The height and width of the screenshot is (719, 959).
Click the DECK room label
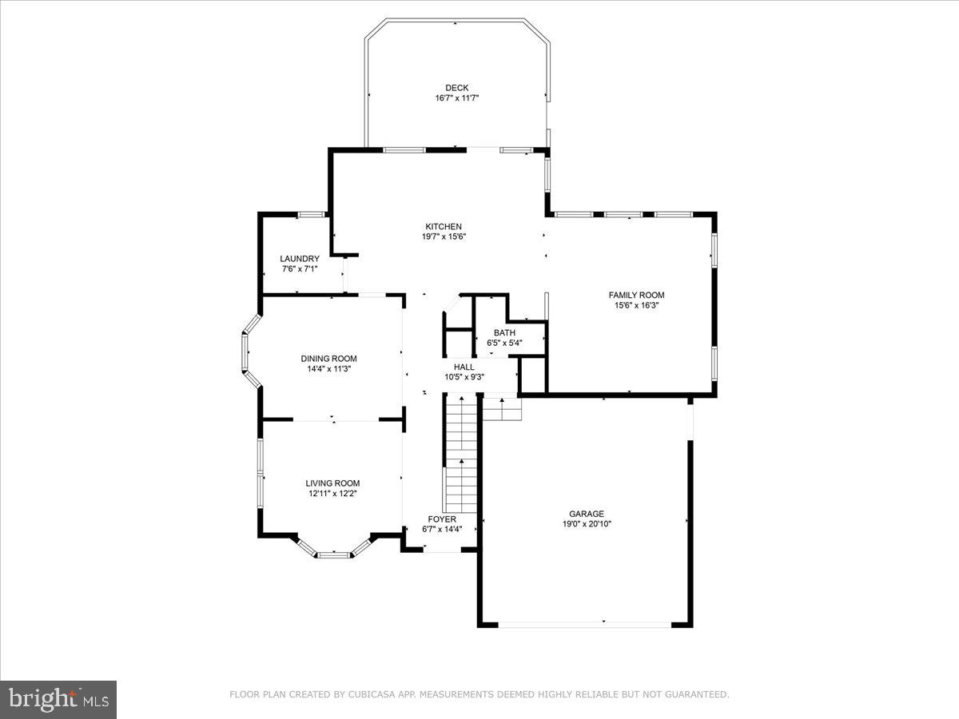[457, 88]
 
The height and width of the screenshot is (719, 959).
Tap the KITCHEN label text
[444, 227]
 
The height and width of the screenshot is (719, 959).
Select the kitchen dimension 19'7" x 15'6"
[444, 236]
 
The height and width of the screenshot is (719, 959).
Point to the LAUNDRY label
[300, 259]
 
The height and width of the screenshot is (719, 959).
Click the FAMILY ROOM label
[636, 295]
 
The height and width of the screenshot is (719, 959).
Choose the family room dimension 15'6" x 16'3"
[636, 304]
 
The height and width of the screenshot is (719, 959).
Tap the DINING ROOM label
[328, 359]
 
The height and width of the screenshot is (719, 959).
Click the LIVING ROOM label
[332, 483]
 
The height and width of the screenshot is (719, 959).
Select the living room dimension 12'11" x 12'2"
[332, 493]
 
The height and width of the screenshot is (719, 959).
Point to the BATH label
[504, 333]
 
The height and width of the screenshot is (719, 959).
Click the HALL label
[464, 367]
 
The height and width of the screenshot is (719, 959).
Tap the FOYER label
[442, 519]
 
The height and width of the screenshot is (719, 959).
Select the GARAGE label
[587, 514]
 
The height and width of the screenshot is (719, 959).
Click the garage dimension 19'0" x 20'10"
[587, 524]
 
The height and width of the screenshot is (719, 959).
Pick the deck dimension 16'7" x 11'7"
[457, 98]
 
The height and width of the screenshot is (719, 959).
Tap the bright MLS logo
[58, 700]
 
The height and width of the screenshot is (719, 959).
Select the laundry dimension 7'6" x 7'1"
[300, 269]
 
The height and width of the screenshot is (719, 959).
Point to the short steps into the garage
[502, 408]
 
